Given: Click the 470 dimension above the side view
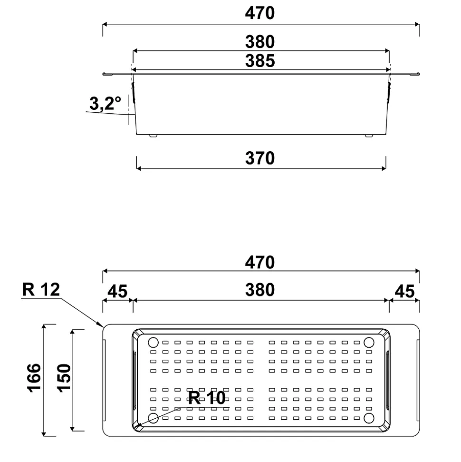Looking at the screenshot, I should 259,13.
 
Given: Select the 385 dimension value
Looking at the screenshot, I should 259,61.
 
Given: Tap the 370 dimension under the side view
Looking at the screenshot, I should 259,158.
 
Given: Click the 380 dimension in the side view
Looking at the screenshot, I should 259,43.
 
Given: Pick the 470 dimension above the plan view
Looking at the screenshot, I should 259,262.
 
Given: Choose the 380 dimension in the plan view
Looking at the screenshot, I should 259,290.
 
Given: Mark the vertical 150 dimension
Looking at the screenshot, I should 64,380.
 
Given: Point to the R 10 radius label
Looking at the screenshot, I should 207,398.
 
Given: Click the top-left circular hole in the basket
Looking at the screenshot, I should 153,343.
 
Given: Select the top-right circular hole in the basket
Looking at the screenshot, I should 369,343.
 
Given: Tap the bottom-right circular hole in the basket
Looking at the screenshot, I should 369,418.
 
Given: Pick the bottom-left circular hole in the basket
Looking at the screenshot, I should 153,418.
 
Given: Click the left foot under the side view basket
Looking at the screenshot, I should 153,137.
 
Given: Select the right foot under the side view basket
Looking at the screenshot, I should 369,137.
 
